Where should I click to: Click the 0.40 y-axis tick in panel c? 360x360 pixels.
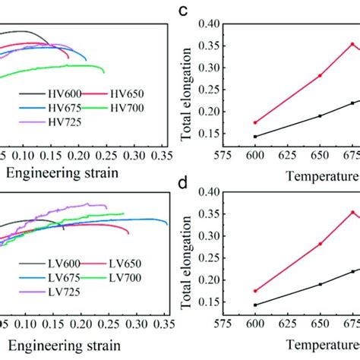212,24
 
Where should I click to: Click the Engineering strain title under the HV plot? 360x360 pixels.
62,172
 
